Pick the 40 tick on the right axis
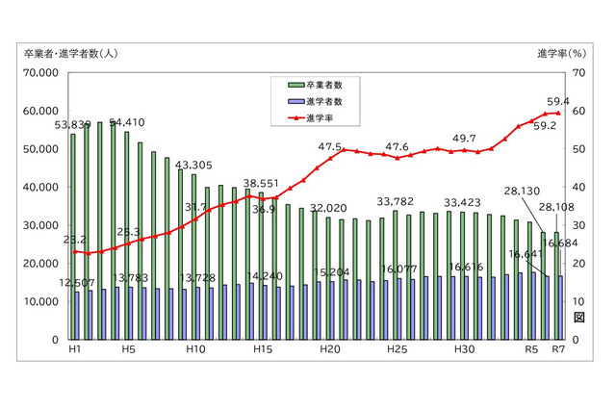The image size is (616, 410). point(577,187)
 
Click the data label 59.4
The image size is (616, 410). point(558,101)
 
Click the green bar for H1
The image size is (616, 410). point(72,236)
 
